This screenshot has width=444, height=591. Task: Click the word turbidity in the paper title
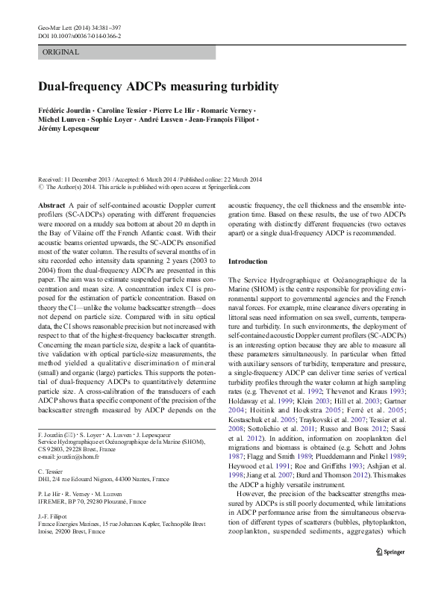tap(250, 87)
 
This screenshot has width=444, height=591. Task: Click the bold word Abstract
tap(51, 204)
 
